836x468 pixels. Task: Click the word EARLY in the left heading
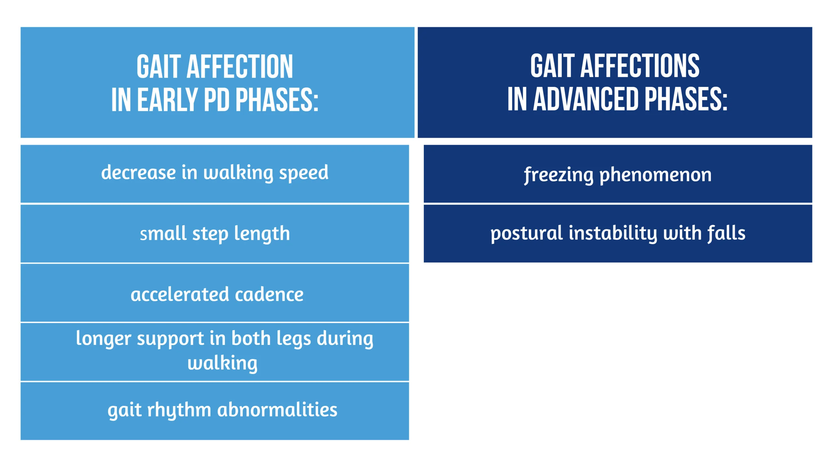(x=167, y=100)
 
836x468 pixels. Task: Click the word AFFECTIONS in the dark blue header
(x=640, y=66)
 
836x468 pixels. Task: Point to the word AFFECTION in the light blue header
(x=240, y=67)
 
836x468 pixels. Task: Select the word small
(x=163, y=233)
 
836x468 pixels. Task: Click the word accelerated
(x=180, y=294)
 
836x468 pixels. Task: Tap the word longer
(x=103, y=339)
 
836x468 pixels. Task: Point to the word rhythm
(x=179, y=411)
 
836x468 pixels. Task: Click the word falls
(x=727, y=233)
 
